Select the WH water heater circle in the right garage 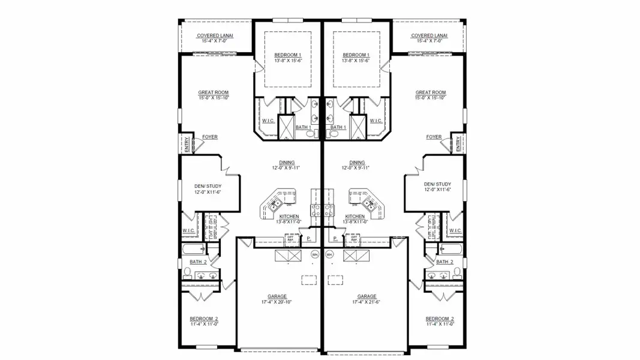pyautogui.click(x=329, y=254)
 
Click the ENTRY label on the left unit pyautogui.click(x=186, y=145)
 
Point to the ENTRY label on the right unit pyautogui.click(x=458, y=145)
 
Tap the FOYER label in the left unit pyautogui.click(x=210, y=137)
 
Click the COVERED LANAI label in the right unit pyautogui.click(x=428, y=35)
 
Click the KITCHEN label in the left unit pyautogui.click(x=289, y=216)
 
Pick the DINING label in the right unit pyautogui.click(x=357, y=162)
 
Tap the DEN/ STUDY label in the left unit pyautogui.click(x=206, y=184)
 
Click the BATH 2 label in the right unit pyautogui.click(x=444, y=262)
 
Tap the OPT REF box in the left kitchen pyautogui.click(x=290, y=239)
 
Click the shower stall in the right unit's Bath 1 pyautogui.click(x=359, y=127)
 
